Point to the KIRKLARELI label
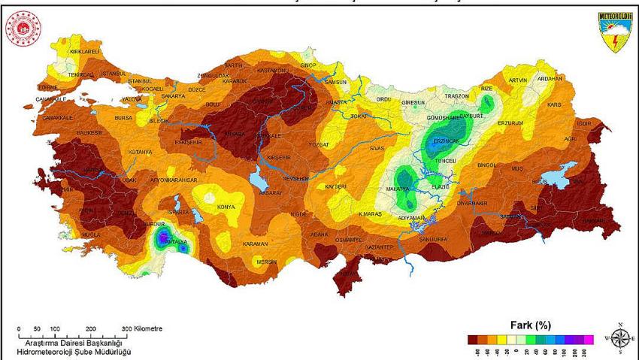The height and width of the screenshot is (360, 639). point(85,51)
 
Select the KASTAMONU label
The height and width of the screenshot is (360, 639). point(272,71)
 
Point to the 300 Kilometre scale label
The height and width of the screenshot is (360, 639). point(141,329)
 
